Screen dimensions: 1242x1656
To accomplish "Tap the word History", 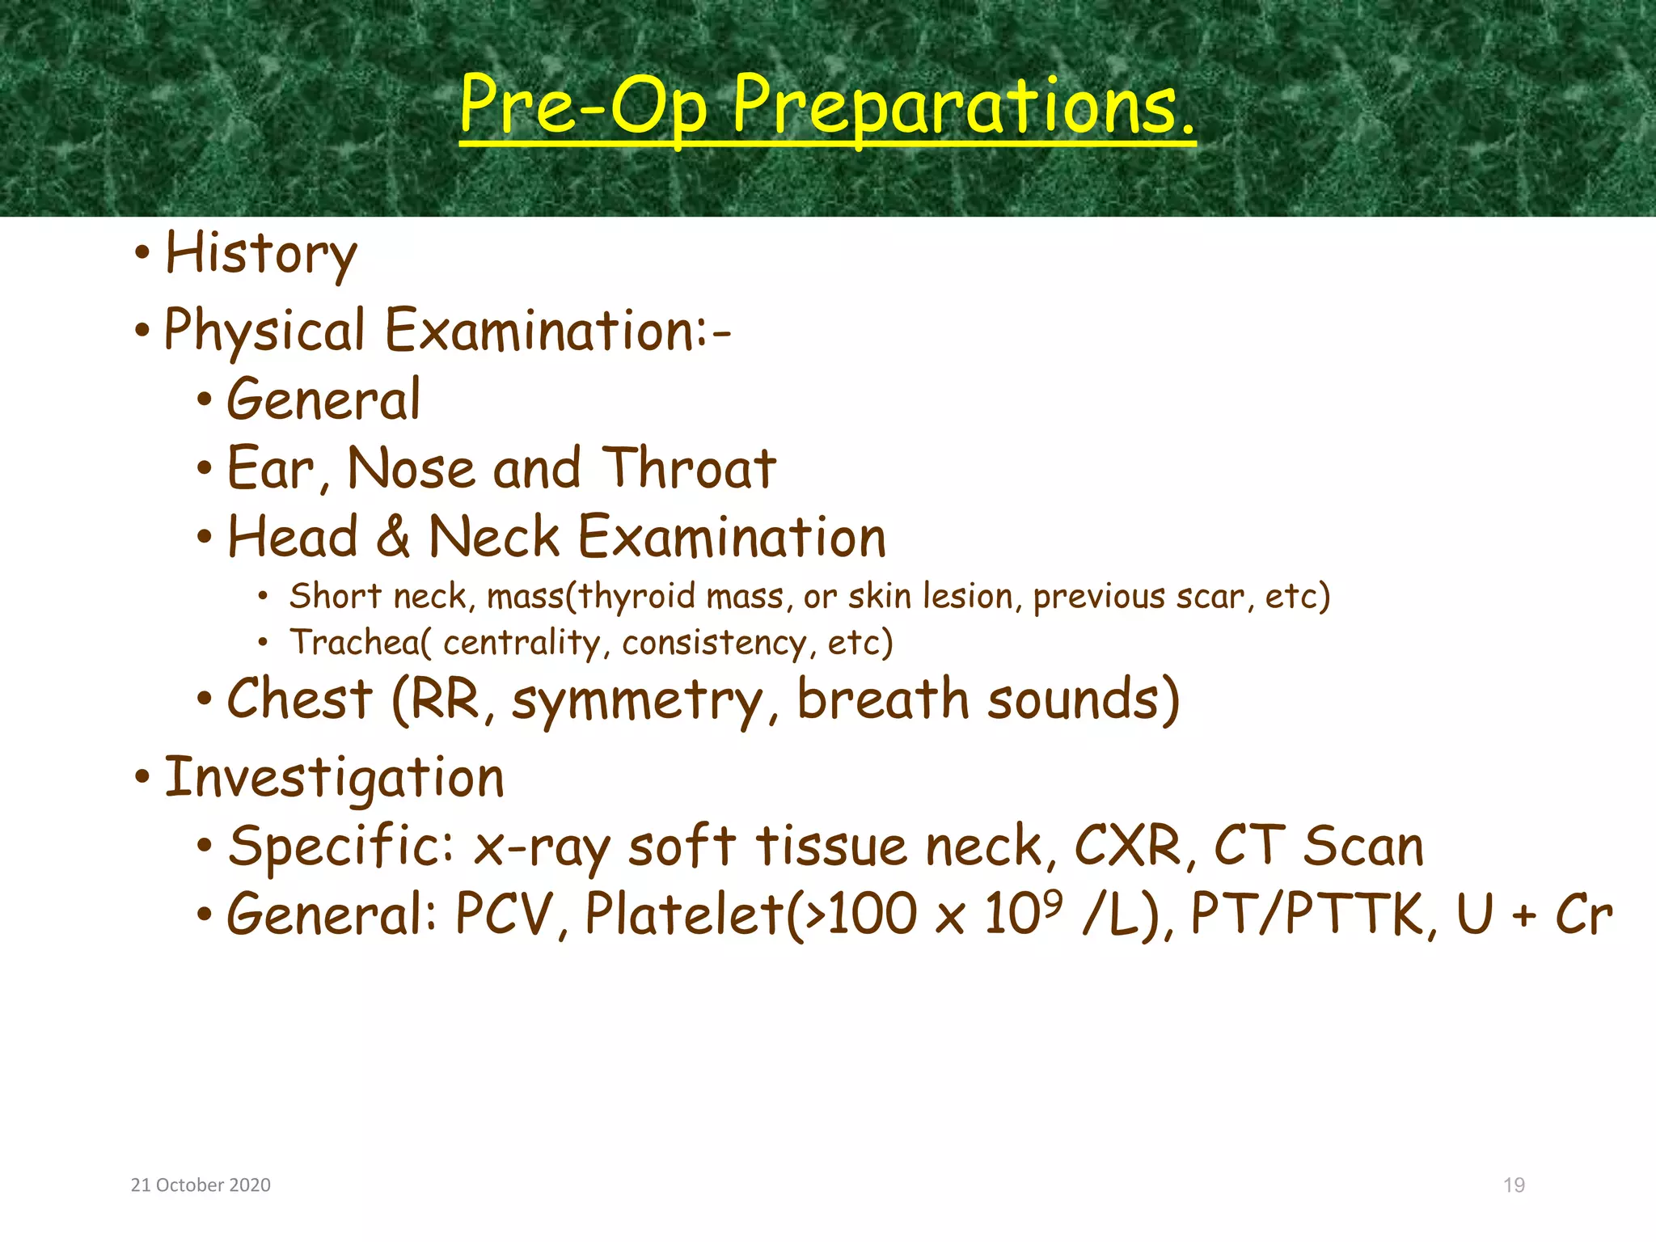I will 260,254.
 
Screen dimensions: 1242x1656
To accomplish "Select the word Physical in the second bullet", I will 264,332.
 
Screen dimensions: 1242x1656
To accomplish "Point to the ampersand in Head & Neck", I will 393,537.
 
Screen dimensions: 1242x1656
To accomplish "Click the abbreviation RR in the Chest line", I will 446,699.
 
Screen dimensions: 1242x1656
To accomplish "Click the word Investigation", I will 334,778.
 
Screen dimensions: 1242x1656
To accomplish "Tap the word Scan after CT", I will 1362,847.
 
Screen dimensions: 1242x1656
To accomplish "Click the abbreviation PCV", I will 502,915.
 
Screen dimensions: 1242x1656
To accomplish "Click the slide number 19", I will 1514,1185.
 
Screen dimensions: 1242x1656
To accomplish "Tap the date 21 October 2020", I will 201,1185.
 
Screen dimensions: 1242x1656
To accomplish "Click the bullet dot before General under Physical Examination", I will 205,399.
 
